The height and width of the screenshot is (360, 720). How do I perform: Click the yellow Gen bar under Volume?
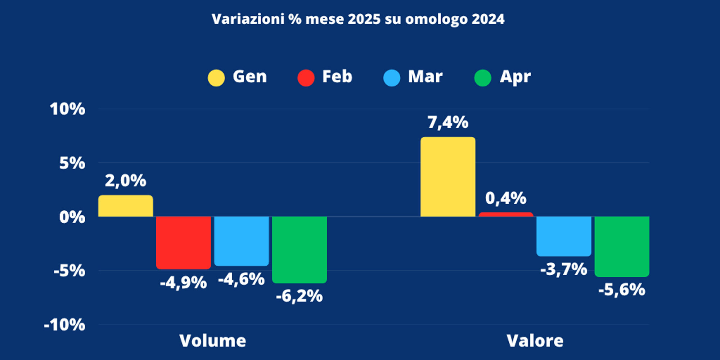(x=125, y=206)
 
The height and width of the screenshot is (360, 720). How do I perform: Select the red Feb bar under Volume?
(x=183, y=242)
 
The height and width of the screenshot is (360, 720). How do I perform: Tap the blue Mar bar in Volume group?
(x=241, y=240)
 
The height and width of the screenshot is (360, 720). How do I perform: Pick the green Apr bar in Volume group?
(x=299, y=249)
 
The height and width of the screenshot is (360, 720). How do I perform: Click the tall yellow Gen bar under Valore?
(x=447, y=177)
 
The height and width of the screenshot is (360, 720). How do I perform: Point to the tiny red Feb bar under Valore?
(x=505, y=215)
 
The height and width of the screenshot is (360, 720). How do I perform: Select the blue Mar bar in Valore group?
(x=563, y=236)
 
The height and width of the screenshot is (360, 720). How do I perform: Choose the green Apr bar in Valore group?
(x=621, y=246)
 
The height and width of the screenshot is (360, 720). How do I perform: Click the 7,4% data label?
(x=448, y=122)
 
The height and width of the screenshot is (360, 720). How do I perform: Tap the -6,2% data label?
(x=299, y=296)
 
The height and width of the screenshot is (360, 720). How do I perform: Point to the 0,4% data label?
(x=505, y=198)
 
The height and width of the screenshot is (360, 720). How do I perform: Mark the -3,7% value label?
(x=563, y=270)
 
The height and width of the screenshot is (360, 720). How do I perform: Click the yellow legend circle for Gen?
(x=216, y=78)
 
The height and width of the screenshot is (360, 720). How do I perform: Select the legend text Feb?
(x=337, y=77)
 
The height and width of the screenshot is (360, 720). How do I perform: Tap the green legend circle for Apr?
(x=482, y=78)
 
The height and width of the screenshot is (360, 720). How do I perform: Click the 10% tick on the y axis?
(x=67, y=109)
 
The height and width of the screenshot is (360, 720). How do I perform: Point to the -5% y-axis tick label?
(x=69, y=271)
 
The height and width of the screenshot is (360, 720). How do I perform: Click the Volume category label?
(x=212, y=341)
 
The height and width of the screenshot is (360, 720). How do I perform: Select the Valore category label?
(x=535, y=341)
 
